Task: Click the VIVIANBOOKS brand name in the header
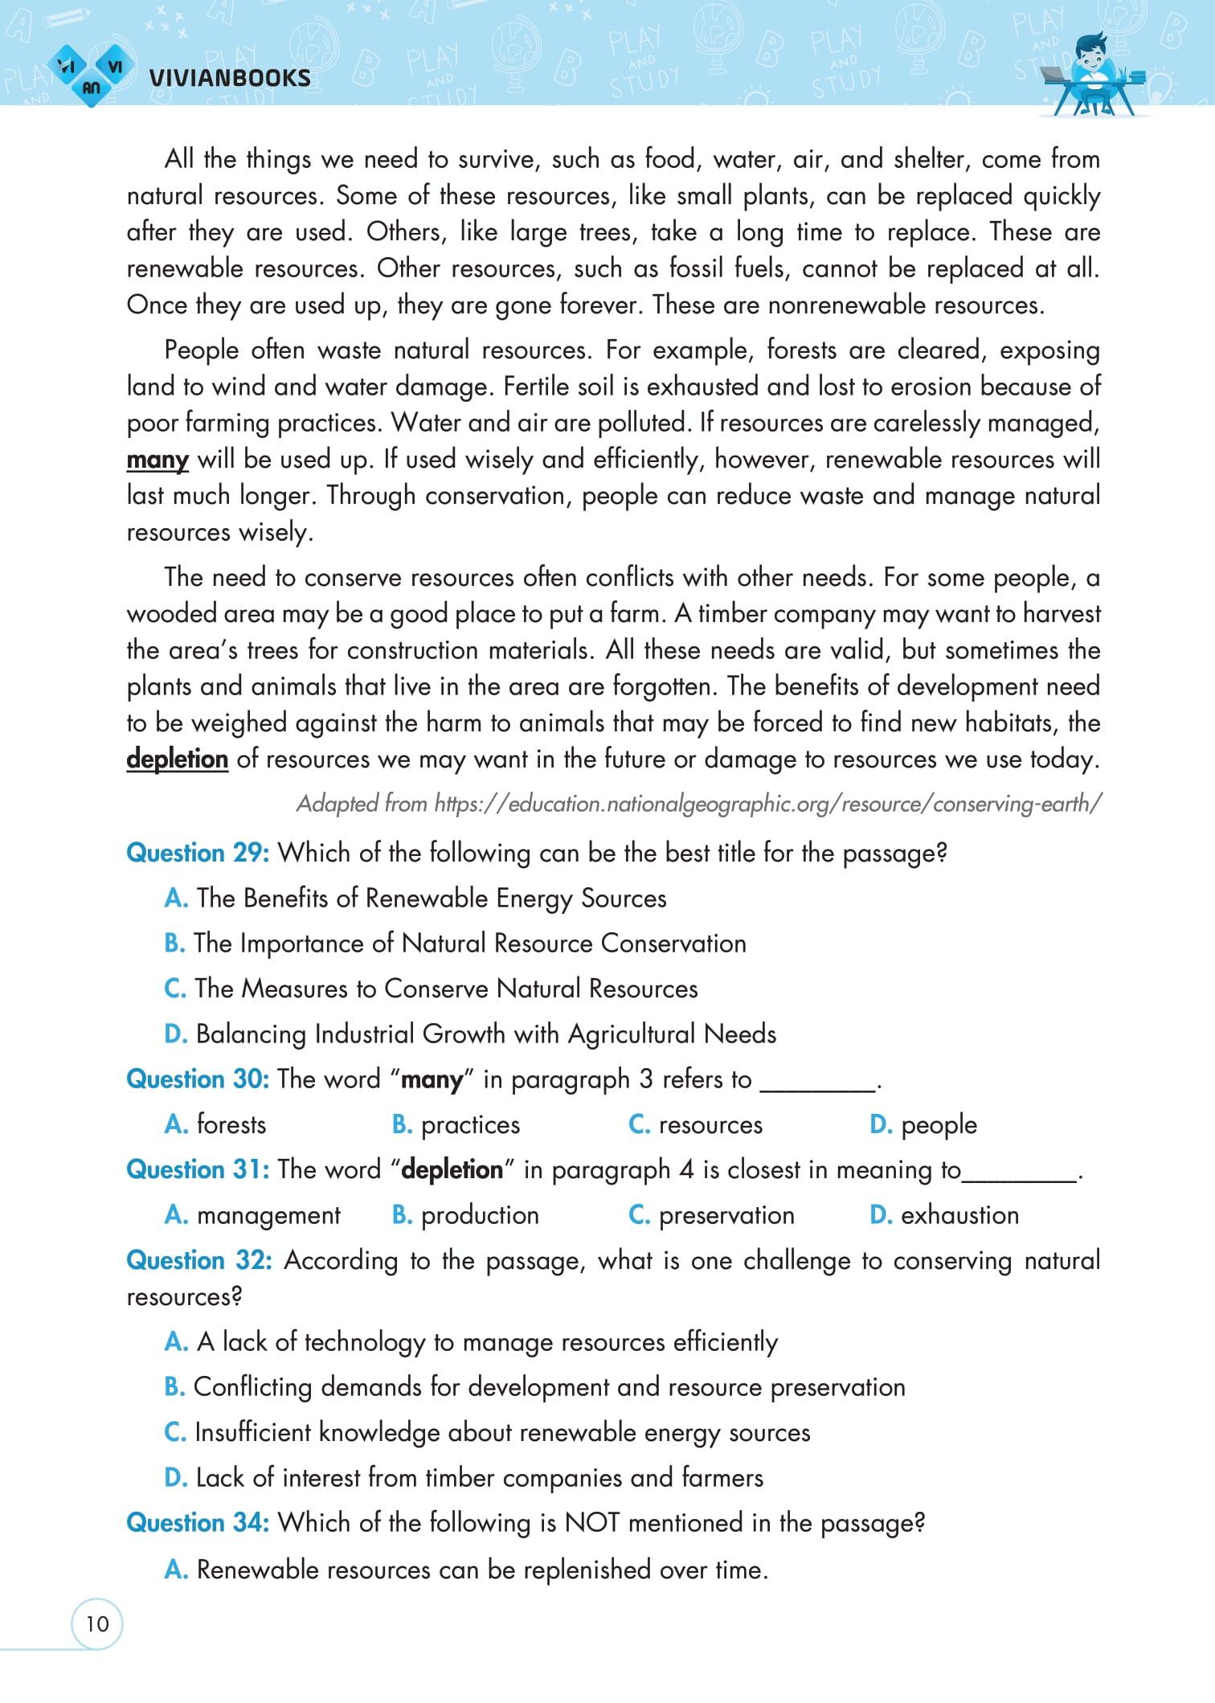coord(230,78)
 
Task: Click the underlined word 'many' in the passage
coord(157,461)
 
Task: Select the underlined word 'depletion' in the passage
coord(177,759)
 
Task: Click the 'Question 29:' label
coord(198,853)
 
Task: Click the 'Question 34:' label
coord(198,1523)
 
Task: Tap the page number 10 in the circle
coord(96,1624)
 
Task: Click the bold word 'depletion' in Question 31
coord(452,1170)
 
